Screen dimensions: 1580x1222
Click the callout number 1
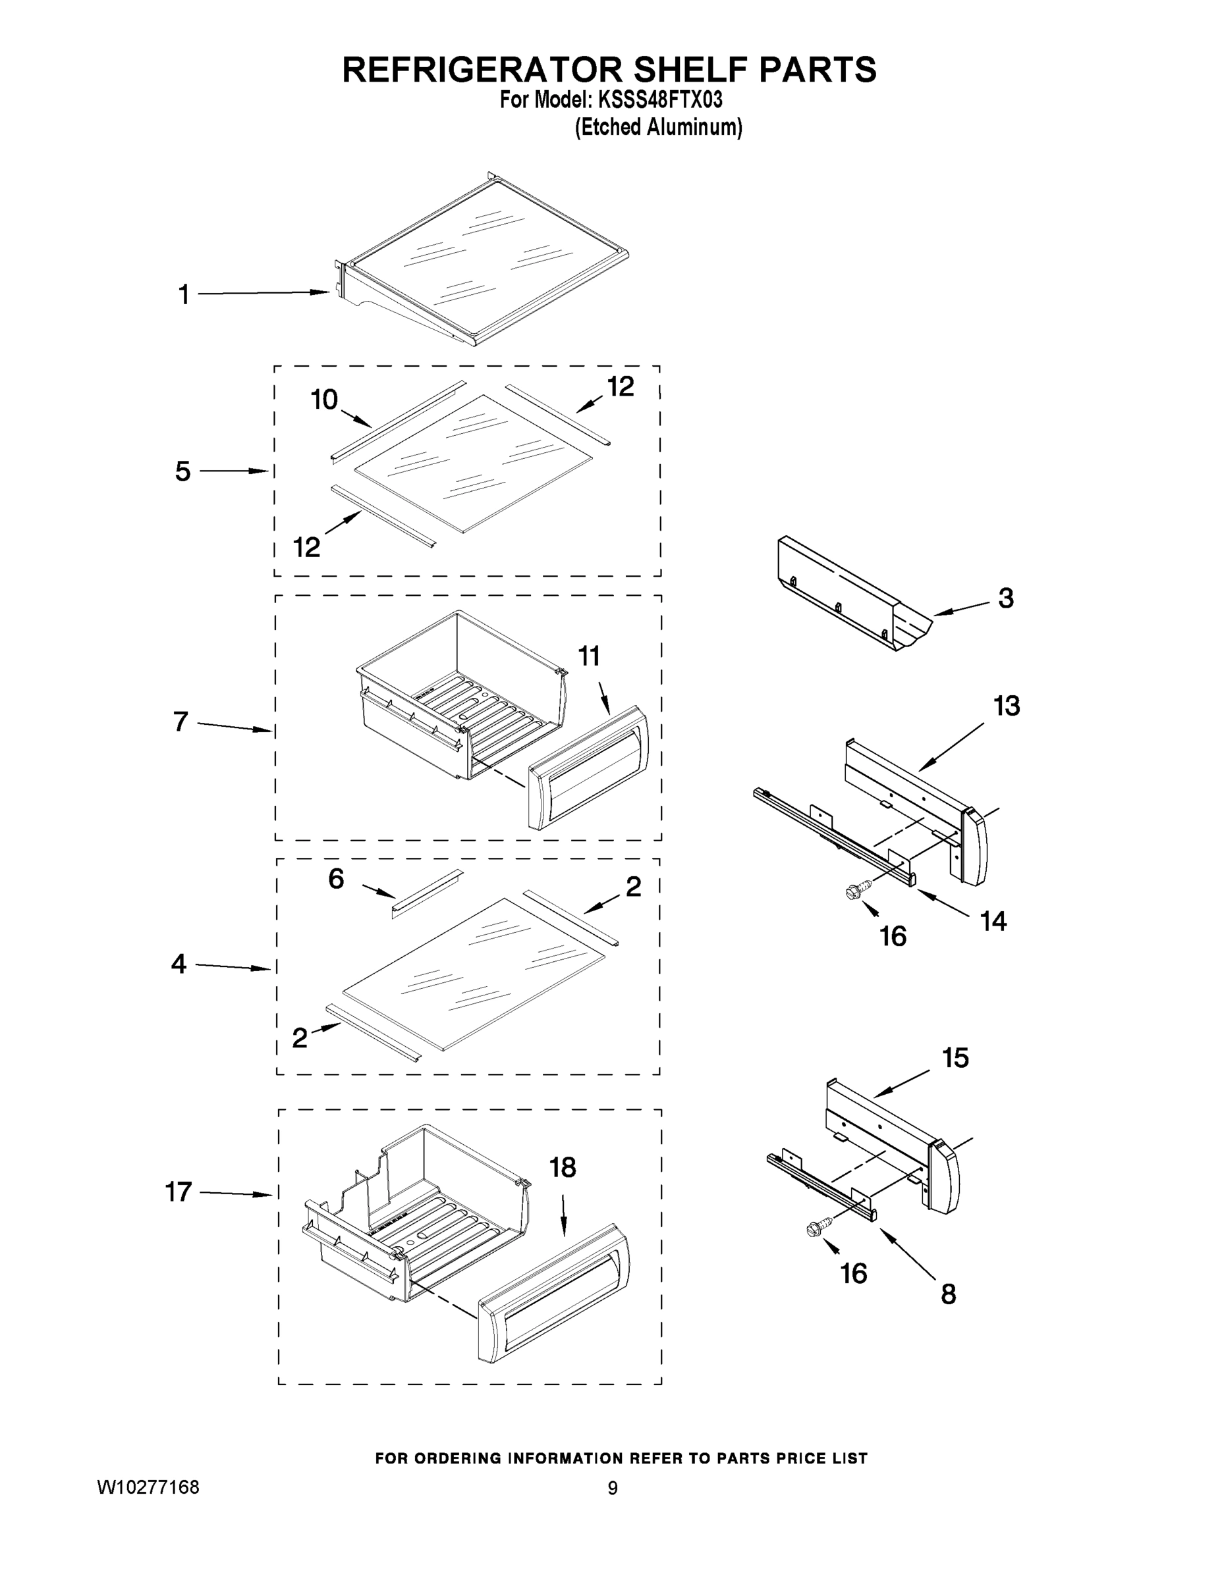pos(184,295)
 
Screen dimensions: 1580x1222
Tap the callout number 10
pos(324,400)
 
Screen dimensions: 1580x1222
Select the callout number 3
pos(1005,598)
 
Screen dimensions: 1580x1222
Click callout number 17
pos(178,1192)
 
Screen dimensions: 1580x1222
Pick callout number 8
pos(948,1294)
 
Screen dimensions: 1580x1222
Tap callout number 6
pos(336,879)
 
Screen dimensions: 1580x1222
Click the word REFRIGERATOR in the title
pos(482,70)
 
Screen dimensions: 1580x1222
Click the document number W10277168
pos(148,1487)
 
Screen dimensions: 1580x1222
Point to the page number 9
pos(613,1488)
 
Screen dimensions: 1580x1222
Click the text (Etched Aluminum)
pos(658,127)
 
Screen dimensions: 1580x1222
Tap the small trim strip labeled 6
pos(426,893)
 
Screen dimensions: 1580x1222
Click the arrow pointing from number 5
pos(234,471)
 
